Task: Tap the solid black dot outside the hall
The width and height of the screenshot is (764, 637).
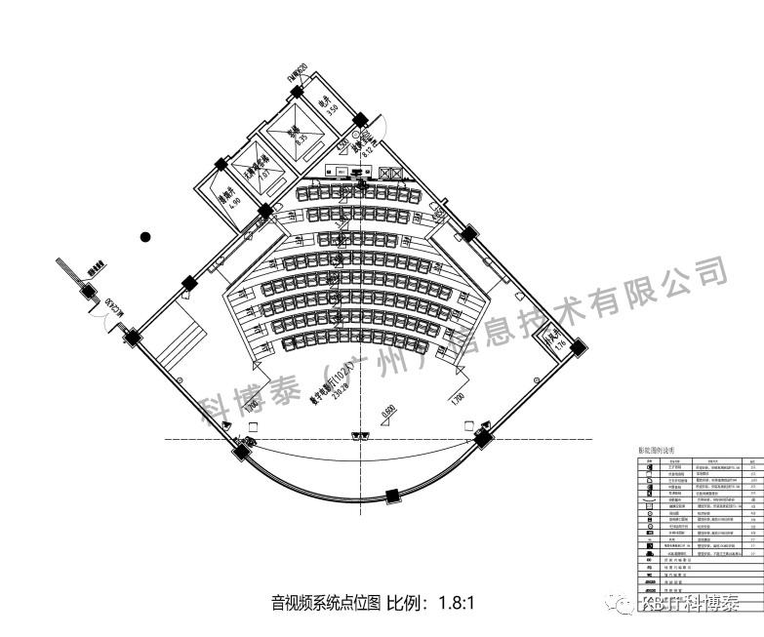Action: pyautogui.click(x=144, y=235)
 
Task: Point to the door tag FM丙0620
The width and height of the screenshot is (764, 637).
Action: pyautogui.click(x=297, y=73)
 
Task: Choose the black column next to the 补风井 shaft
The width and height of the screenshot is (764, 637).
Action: pyautogui.click(x=578, y=345)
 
